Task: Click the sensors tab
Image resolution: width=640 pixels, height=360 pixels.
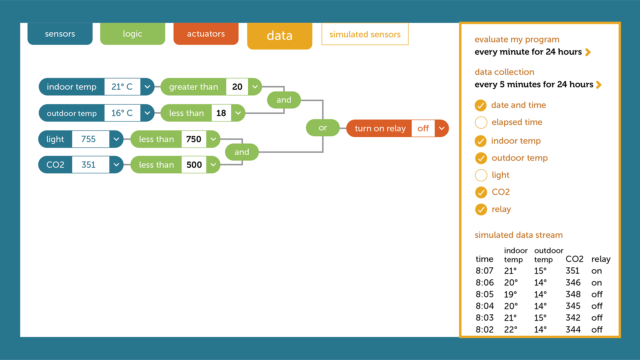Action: click(60, 34)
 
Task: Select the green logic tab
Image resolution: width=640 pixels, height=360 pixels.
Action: click(133, 34)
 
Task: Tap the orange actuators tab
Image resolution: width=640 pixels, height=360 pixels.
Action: click(206, 34)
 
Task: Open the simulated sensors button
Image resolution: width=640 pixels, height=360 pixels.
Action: click(365, 34)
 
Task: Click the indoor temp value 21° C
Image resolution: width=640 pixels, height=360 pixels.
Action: click(122, 87)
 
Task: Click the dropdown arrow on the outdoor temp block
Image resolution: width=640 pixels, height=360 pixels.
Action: click(147, 113)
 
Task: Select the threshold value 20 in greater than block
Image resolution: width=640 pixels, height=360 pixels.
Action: click(237, 87)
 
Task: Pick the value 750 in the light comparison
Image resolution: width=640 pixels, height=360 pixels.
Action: click(194, 139)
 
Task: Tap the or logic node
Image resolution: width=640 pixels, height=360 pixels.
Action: click(323, 128)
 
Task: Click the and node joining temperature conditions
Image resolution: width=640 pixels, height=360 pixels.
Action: click(284, 100)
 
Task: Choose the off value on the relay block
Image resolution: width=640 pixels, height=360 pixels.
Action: click(423, 128)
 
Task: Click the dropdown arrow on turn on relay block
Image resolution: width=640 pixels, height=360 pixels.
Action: click(442, 128)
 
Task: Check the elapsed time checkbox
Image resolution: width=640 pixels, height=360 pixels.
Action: click(481, 122)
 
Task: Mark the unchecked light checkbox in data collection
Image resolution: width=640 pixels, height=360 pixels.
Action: click(481, 175)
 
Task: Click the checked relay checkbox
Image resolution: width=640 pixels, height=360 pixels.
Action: click(481, 209)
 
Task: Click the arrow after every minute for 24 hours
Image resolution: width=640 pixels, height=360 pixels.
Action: click(588, 52)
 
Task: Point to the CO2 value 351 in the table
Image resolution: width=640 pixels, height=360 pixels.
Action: click(573, 271)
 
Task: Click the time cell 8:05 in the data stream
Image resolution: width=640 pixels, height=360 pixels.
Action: click(485, 294)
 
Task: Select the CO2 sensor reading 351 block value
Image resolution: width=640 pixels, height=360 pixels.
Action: click(89, 165)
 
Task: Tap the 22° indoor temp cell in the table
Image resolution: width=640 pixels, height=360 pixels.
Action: click(511, 330)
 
